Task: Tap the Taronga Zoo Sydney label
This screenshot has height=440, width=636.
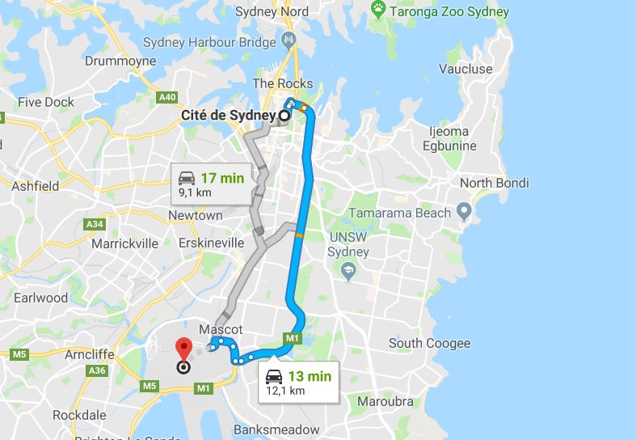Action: coord(451,11)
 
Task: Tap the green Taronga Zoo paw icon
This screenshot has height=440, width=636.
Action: coord(378,9)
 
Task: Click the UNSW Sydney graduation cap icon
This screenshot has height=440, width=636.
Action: coord(348,273)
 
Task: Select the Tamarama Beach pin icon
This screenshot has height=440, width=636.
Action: coord(464,213)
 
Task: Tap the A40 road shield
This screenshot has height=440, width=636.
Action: coord(167,98)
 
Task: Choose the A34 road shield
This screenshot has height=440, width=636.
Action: coord(95,224)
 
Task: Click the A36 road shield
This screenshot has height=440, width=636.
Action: coord(99,370)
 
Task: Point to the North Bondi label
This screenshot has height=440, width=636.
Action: coord(493,183)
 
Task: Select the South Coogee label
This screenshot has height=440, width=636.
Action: coord(429,343)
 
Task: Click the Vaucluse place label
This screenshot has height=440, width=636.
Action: coord(465,69)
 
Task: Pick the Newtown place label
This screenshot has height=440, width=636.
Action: coord(195,216)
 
